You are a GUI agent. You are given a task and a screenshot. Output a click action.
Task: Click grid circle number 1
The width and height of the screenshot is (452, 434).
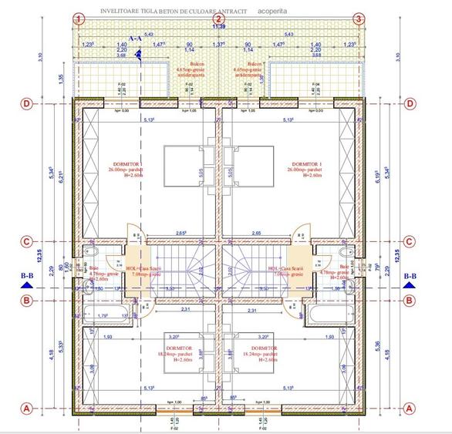[x=78, y=19]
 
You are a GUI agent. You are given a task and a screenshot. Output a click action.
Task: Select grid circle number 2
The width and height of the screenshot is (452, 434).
[x=218, y=19]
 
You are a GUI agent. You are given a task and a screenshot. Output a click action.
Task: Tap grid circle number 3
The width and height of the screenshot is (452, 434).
[x=359, y=19]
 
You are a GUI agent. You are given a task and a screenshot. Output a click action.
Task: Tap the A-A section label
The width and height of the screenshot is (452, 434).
[x=135, y=37]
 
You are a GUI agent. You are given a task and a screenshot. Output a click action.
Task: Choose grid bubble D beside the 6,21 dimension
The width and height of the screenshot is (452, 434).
[x=26, y=103]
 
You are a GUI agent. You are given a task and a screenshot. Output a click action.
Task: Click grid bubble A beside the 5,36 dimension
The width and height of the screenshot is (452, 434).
[x=410, y=409]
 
